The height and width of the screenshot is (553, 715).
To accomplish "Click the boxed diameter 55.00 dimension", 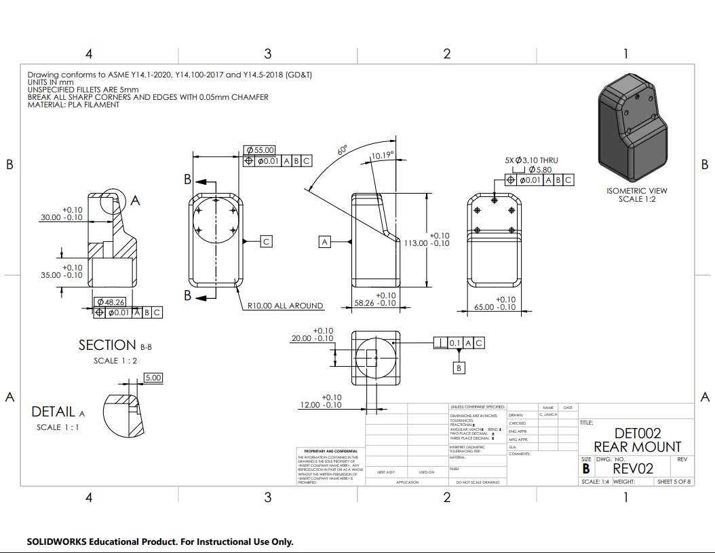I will (260, 150).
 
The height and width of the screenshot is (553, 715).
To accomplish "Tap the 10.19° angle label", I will (382, 155).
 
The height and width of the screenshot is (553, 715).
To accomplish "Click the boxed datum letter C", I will (267, 241).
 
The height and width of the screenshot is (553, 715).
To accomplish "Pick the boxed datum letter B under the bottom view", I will (459, 368).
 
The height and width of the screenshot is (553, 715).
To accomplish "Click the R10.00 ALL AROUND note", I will (284, 306).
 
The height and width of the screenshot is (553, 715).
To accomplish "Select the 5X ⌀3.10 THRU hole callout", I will (531, 160).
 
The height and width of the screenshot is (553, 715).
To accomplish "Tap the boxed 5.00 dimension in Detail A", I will (154, 377).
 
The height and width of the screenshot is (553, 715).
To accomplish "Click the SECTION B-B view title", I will (115, 345).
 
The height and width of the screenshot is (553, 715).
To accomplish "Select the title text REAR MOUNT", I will (637, 446).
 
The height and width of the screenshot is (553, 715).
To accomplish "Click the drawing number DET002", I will (637, 433).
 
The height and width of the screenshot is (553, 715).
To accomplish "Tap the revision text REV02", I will (632, 468).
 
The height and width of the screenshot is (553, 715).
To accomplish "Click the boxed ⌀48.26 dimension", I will (111, 302).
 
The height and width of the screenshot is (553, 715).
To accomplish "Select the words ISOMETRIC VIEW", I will (637, 191).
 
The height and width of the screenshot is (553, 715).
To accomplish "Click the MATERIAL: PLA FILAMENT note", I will (73, 105).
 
